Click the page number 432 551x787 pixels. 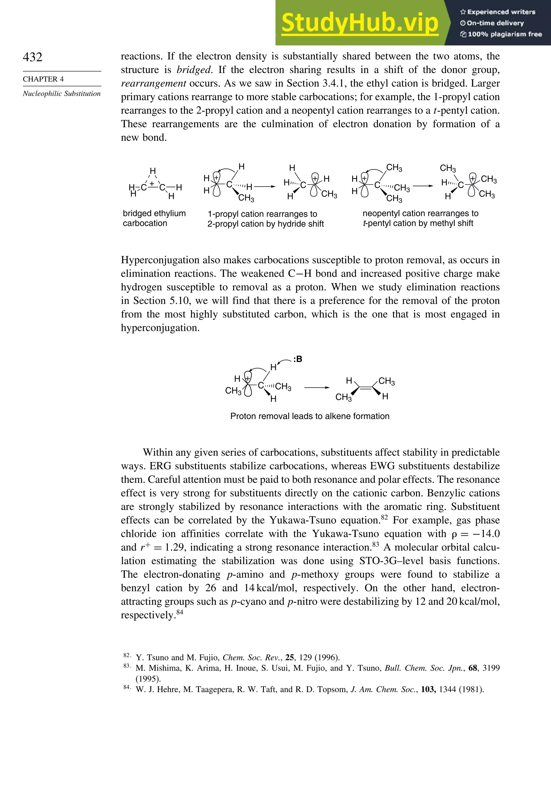pyautogui.click(x=33, y=57)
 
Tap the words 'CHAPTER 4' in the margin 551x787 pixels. pyautogui.click(x=43, y=79)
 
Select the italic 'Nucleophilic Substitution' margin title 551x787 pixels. pyautogui.click(x=62, y=94)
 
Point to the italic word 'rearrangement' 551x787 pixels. pyautogui.click(x=153, y=84)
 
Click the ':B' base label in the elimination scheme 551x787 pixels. pyautogui.click(x=298, y=359)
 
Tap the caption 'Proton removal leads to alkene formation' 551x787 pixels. pyautogui.click(x=310, y=416)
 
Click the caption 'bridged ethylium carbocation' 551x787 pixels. pyautogui.click(x=154, y=218)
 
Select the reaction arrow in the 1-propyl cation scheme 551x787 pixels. pyautogui.click(x=265, y=187)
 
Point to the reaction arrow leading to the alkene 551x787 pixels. pyautogui.click(x=317, y=388)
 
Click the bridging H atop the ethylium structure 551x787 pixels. pyautogui.click(x=153, y=171)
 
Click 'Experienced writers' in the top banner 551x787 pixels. pyautogui.click(x=501, y=12)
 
